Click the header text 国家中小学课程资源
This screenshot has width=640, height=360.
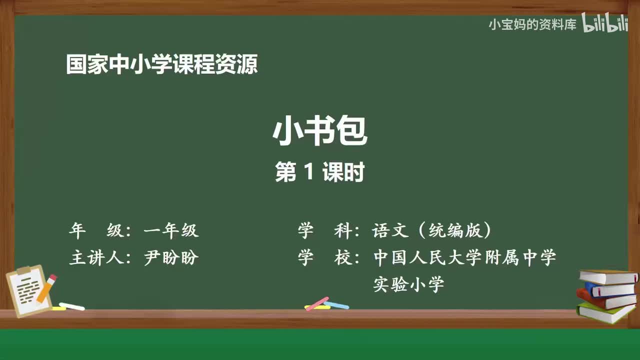click(x=161, y=65)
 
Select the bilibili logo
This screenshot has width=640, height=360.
click(x=604, y=23)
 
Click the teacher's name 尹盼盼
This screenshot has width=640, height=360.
click(x=171, y=258)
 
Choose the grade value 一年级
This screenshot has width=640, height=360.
click(x=171, y=231)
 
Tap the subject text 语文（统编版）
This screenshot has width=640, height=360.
click(x=432, y=231)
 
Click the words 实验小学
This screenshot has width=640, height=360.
click(x=408, y=285)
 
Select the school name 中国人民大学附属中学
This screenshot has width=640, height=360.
click(x=464, y=258)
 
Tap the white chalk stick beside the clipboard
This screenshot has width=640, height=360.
click(x=72, y=306)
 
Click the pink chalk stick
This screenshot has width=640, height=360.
click(x=316, y=303)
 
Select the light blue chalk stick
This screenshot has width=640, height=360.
click(x=337, y=304)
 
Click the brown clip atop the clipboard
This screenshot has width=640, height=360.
click(x=23, y=270)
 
